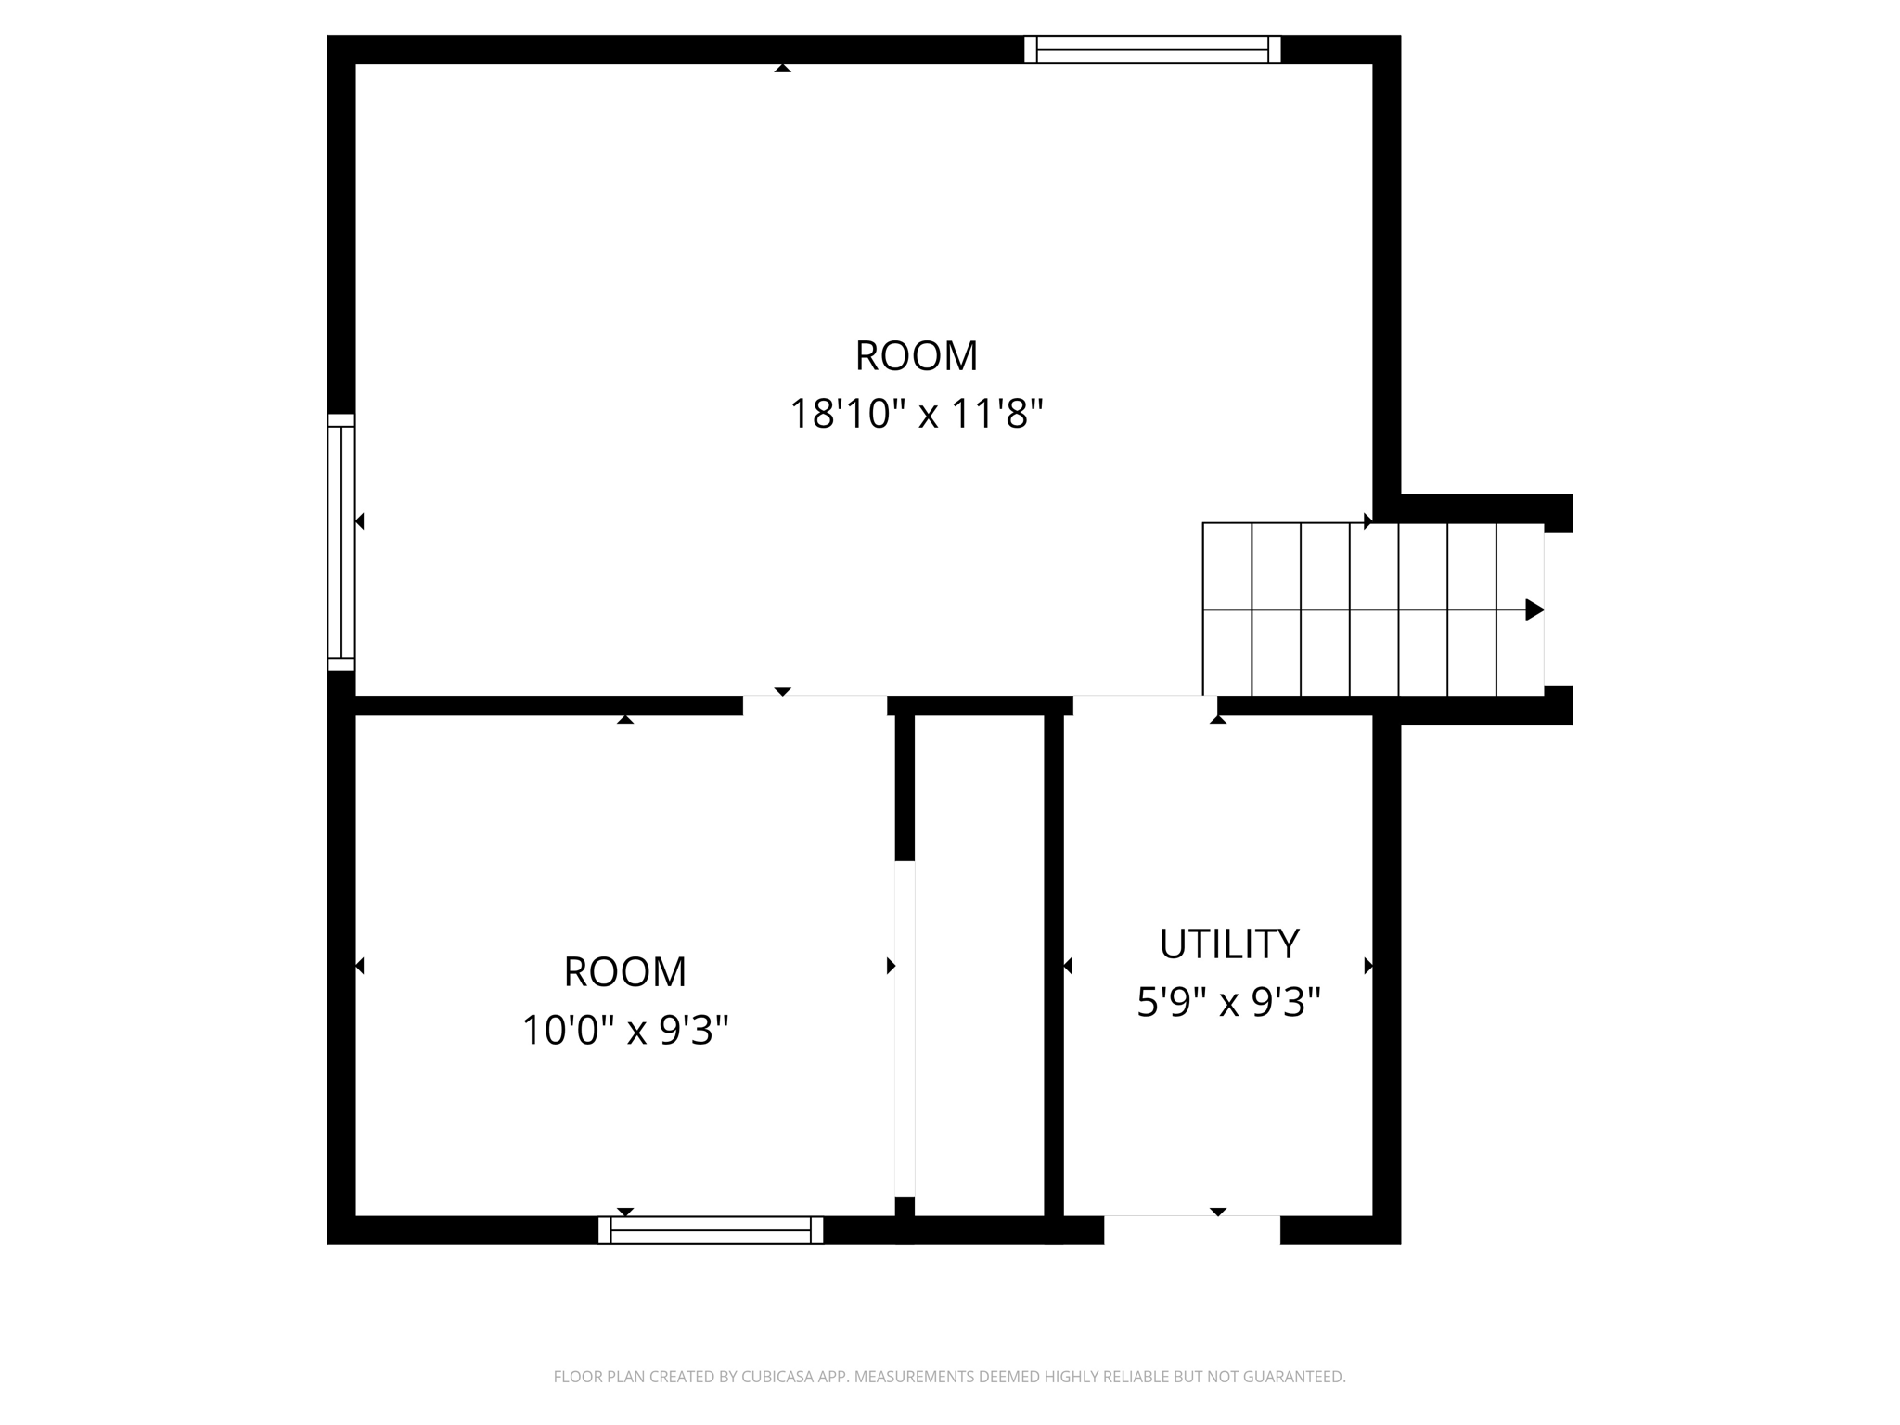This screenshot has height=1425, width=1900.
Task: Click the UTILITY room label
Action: click(1228, 944)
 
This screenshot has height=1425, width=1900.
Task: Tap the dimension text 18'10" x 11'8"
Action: click(917, 414)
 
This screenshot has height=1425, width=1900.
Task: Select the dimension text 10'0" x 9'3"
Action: click(625, 1030)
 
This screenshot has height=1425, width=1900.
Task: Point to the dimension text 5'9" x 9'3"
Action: click(1228, 1002)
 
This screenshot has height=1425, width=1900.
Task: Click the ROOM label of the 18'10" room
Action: click(917, 356)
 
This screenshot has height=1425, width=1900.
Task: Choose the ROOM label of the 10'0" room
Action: click(625, 972)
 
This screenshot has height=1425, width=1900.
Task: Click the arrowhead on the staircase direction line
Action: click(1534, 610)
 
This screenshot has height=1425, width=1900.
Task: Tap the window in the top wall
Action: click(1152, 50)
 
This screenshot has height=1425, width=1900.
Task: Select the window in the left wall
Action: click(341, 542)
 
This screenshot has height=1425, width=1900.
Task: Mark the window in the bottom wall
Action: click(711, 1230)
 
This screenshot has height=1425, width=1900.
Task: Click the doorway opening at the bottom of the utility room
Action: click(1192, 1229)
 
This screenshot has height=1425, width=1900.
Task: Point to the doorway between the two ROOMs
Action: click(815, 705)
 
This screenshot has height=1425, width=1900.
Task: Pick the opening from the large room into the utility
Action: click(1145, 705)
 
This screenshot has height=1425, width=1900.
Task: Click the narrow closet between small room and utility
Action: click(980, 965)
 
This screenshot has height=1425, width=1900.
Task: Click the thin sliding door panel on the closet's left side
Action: click(905, 1028)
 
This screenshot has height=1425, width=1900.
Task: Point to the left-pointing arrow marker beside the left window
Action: click(359, 521)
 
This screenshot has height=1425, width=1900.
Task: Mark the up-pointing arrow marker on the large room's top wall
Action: click(782, 68)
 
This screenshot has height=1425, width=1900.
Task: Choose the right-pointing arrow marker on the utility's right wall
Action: click(1368, 966)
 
